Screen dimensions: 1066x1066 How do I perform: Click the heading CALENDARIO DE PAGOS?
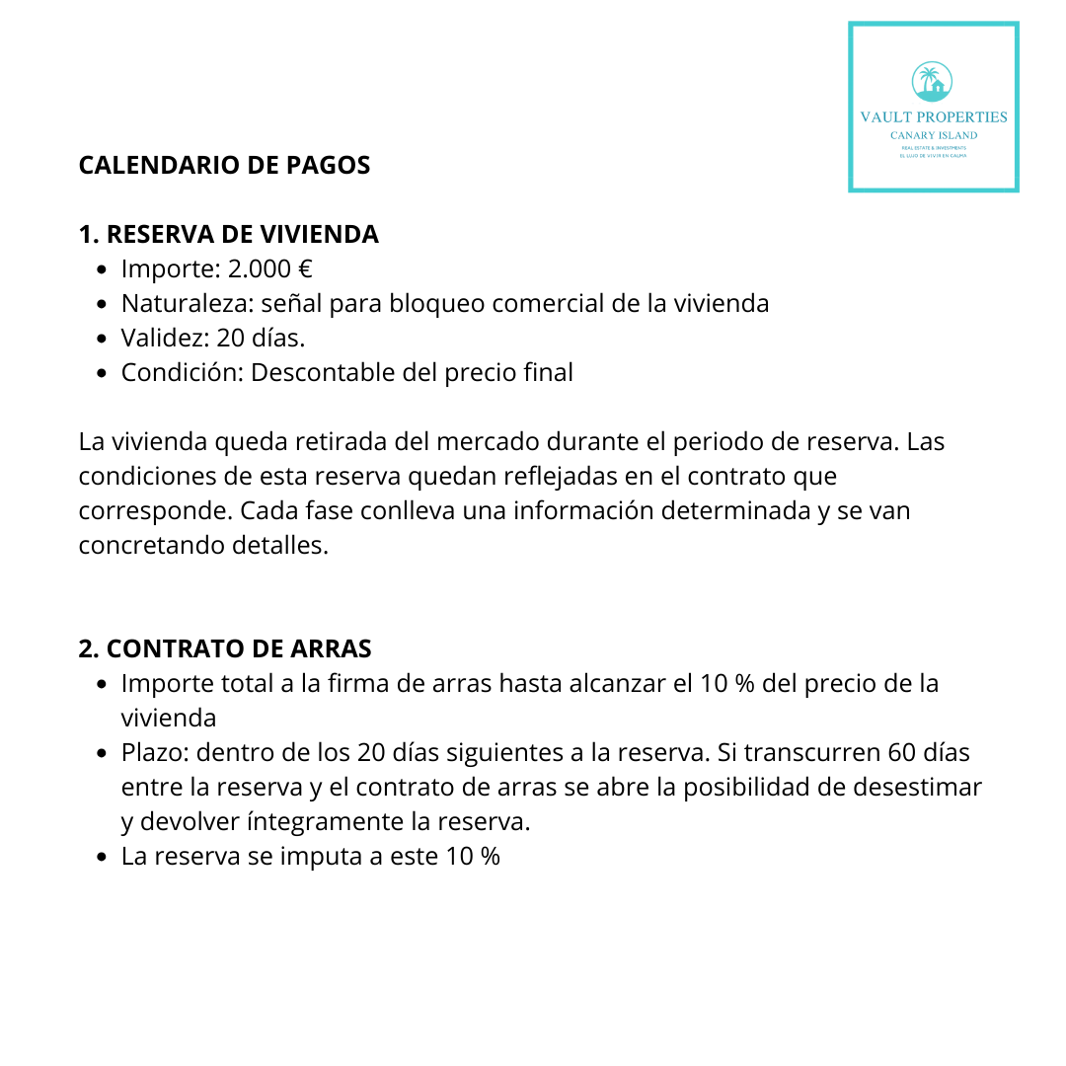click(x=224, y=165)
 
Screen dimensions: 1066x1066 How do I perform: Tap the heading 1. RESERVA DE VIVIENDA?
click(x=228, y=234)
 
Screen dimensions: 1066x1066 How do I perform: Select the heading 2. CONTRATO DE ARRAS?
click(x=225, y=648)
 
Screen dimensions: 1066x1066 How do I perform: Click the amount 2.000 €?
click(x=270, y=268)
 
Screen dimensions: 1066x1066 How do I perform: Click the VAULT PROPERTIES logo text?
click(x=933, y=116)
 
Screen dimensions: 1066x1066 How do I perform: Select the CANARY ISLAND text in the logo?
click(x=933, y=135)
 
